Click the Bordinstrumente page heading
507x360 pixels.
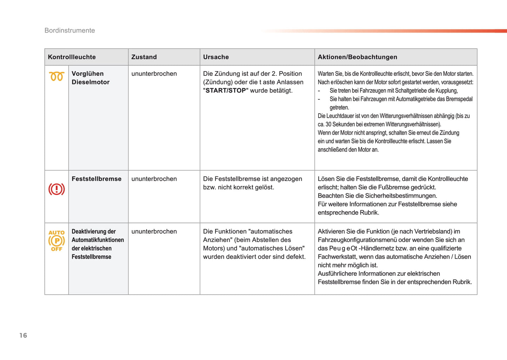[x=69, y=31]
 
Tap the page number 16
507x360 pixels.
[x=23, y=335]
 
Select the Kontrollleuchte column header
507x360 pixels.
[x=72, y=57]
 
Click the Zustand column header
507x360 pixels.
[x=144, y=57]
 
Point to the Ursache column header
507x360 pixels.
[x=216, y=57]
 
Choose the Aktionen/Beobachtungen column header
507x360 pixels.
[x=357, y=57]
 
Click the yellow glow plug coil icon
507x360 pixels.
[x=56, y=76]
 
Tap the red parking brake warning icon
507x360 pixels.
[x=56, y=189]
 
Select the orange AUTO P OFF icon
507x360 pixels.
[x=56, y=241]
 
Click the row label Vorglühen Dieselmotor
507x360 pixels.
[x=90, y=78]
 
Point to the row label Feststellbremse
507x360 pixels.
[x=96, y=179]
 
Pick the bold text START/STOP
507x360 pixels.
[x=226, y=91]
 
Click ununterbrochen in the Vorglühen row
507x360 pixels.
[x=154, y=74]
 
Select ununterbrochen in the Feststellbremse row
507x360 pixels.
[x=154, y=179]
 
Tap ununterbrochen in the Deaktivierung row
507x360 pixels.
[x=154, y=232]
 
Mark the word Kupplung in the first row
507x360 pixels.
[x=446, y=91]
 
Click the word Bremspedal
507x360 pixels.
[x=459, y=99]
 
